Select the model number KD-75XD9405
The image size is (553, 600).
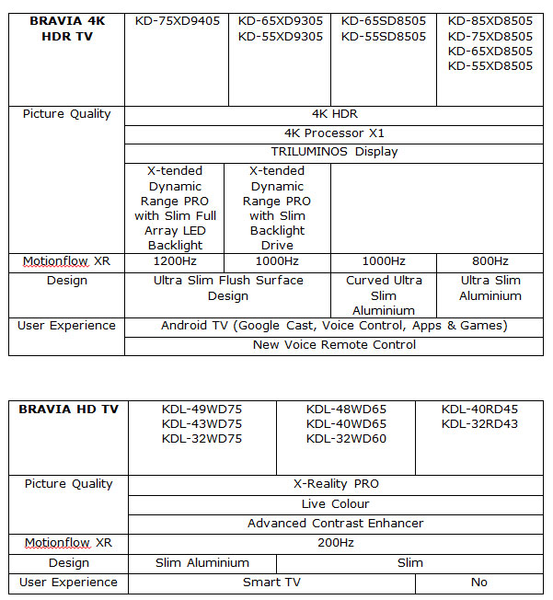click(x=177, y=20)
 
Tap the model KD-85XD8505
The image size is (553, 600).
click(x=490, y=20)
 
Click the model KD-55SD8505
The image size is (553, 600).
click(x=384, y=36)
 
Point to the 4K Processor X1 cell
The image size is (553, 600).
click(x=334, y=133)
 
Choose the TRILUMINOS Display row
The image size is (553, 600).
click(x=334, y=152)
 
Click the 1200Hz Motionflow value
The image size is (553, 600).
click(x=174, y=261)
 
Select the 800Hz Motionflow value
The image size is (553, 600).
click(x=490, y=261)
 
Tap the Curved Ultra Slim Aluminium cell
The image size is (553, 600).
click(x=384, y=295)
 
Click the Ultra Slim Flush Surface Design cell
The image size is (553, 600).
click(x=227, y=288)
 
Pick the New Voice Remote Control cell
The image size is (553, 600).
click(x=334, y=345)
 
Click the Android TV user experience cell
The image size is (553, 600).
click(x=334, y=326)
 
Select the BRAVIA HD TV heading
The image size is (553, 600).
click(x=69, y=409)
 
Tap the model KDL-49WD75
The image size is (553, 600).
click(x=202, y=409)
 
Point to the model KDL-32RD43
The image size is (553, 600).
click(x=478, y=424)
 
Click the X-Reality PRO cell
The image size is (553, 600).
click(x=336, y=484)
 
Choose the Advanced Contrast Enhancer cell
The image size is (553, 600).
click(x=336, y=523)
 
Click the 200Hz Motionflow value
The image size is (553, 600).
click(x=336, y=543)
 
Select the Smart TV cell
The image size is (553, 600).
click(x=271, y=583)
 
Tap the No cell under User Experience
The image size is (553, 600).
click(x=478, y=583)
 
